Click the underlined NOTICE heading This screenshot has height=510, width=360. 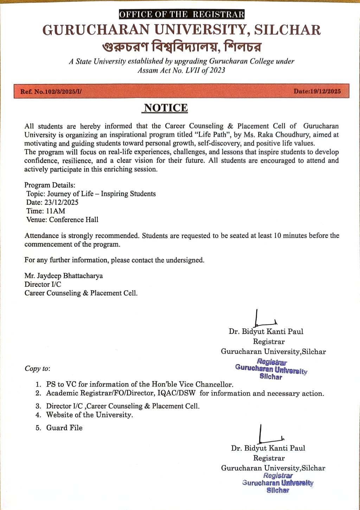pyautogui.click(x=166, y=108)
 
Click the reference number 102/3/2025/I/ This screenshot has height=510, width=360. pyautogui.click(x=58, y=92)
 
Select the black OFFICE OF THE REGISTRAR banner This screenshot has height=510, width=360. pyautogui.click(x=182, y=14)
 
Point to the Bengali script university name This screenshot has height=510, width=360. pyautogui.click(x=182, y=46)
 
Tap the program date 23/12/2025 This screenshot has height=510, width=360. pyautogui.click(x=61, y=202)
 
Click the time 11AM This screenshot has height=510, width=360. pyautogui.click(x=56, y=211)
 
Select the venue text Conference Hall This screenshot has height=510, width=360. pyautogui.click(x=74, y=220)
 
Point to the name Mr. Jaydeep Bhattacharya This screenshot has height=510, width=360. pyautogui.click(x=64, y=276)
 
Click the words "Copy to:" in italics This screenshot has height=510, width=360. pyautogui.click(x=37, y=369)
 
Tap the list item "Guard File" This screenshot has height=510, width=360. pyautogui.click(x=64, y=428)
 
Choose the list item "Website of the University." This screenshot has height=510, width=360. pyautogui.click(x=90, y=415)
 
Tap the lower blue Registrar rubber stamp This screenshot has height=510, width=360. pyautogui.click(x=278, y=483)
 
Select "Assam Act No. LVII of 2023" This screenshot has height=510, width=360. pyautogui.click(x=181, y=70)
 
